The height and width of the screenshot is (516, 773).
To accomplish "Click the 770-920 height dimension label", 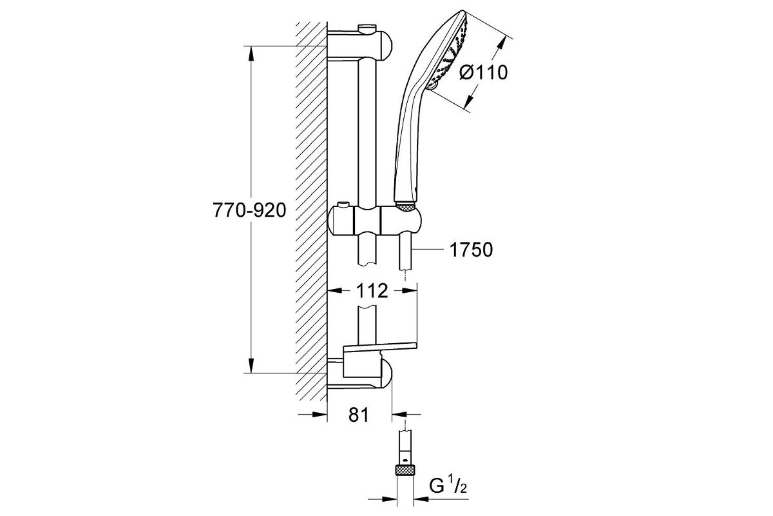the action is click(x=249, y=210).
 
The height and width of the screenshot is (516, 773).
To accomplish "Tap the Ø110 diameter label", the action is click(x=484, y=73).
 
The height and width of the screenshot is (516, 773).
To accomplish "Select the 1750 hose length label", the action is click(x=471, y=250).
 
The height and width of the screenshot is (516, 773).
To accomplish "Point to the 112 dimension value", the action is click(x=372, y=291).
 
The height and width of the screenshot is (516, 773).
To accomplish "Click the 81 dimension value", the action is click(x=359, y=414).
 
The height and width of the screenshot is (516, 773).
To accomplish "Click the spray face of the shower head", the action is click(x=448, y=52).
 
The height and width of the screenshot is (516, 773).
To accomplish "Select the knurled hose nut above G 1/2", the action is click(x=405, y=470).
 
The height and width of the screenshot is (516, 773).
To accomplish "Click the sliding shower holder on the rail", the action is click(x=374, y=221).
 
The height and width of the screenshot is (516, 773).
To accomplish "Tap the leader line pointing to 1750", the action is click(x=427, y=249).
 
